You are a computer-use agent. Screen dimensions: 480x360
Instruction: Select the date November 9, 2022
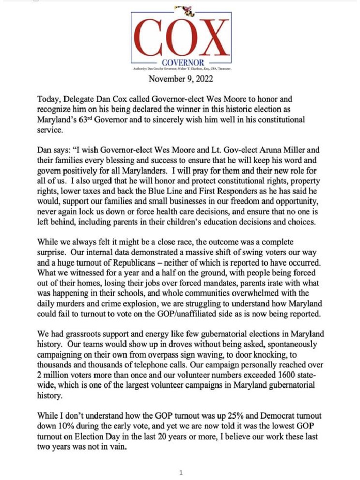coord(180,79)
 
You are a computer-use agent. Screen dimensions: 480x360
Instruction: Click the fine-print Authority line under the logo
coord(180,69)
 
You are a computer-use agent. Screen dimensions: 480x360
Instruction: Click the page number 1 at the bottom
coord(181,473)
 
